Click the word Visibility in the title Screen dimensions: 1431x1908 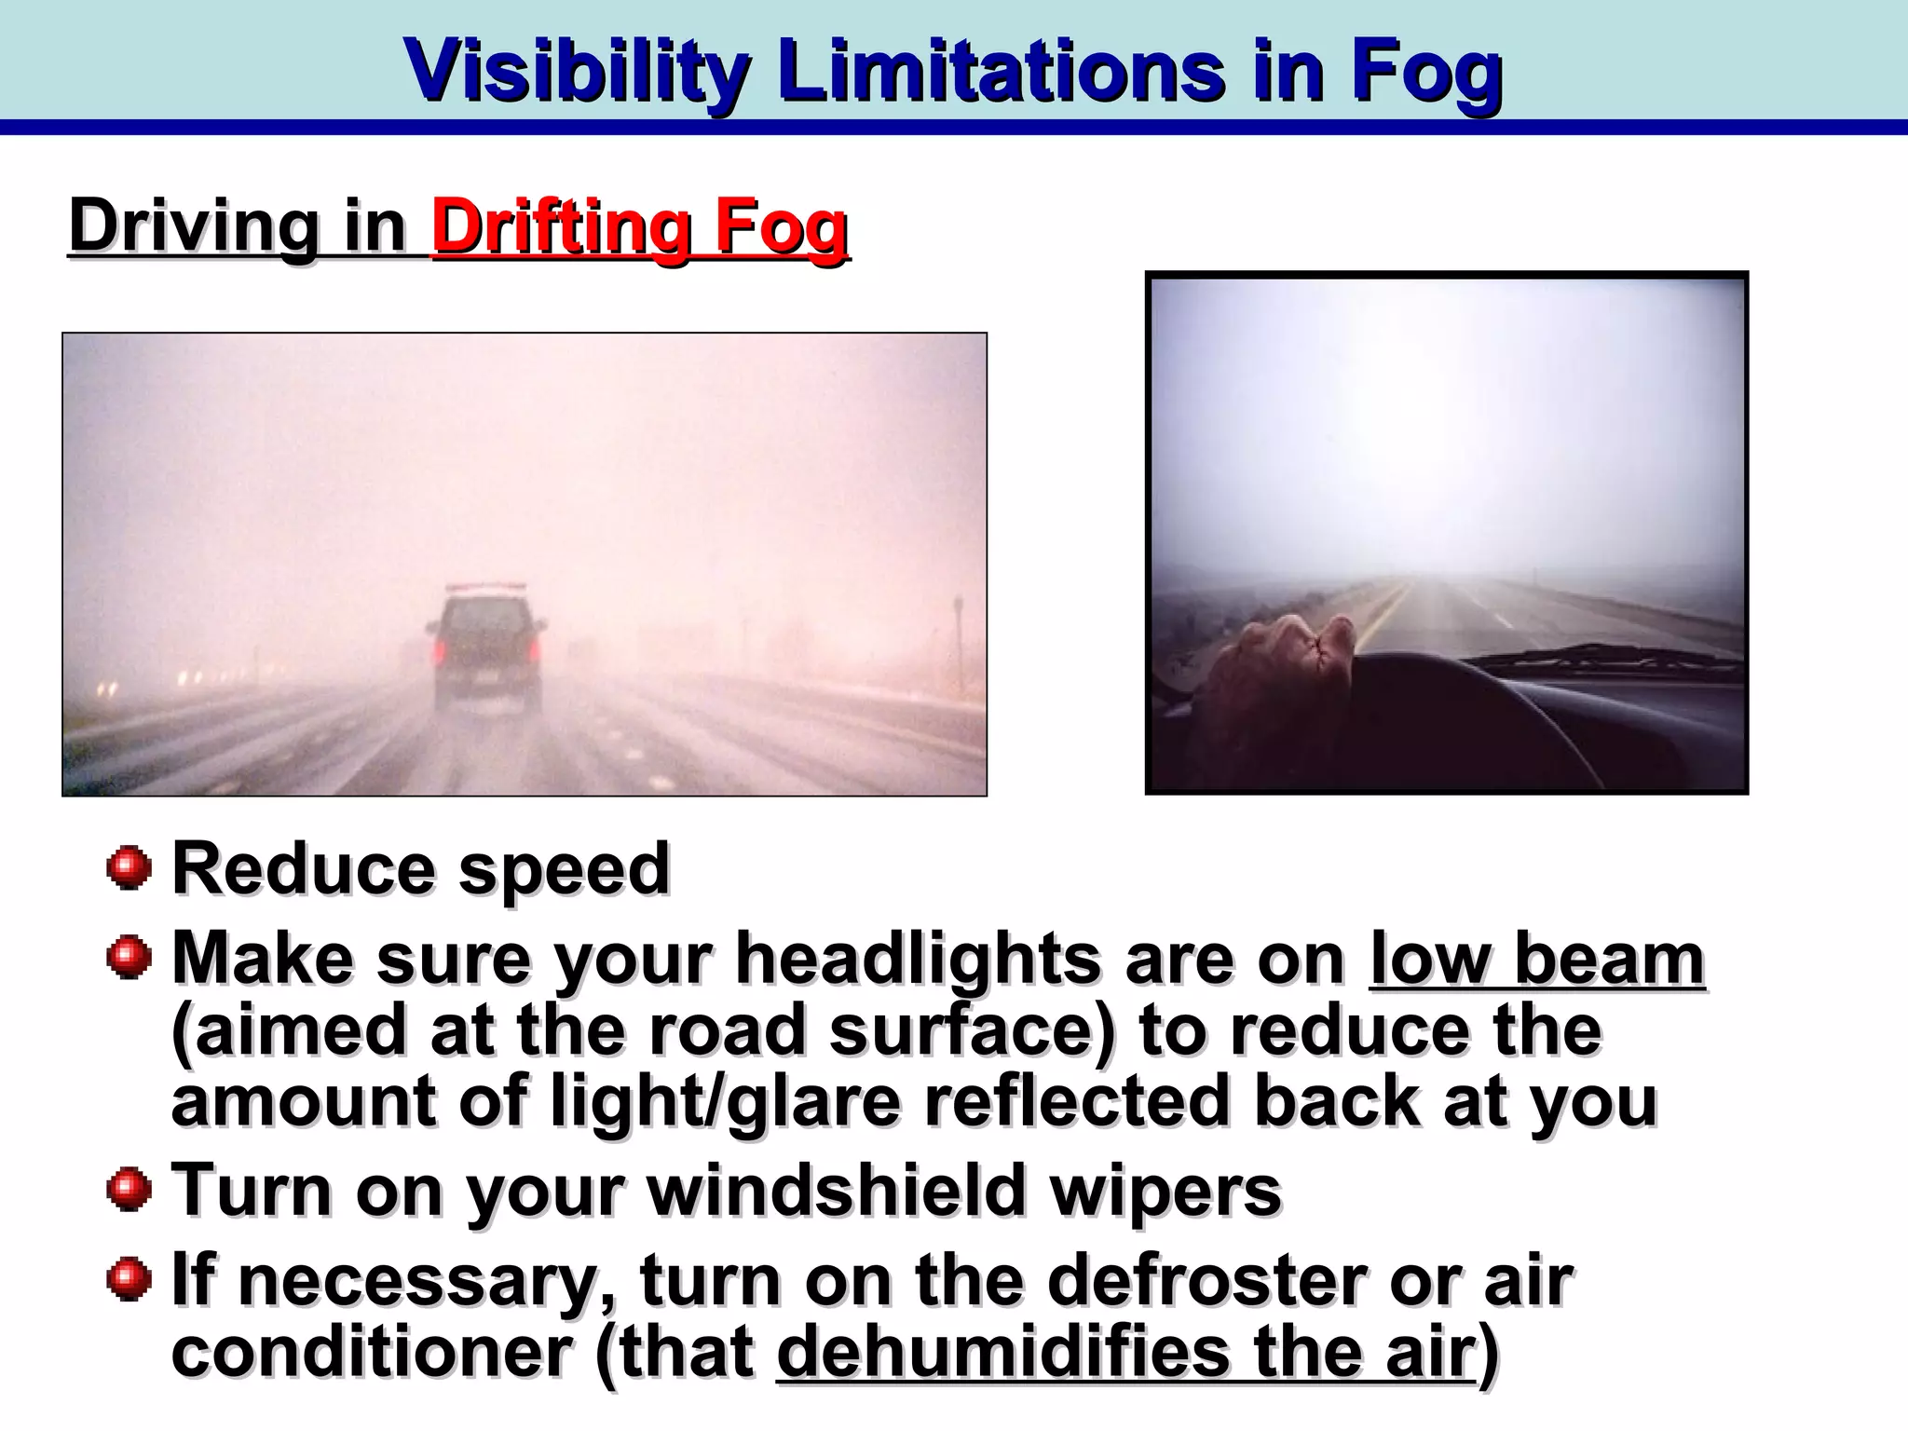coord(577,71)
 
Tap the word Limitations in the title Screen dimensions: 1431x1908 coord(1002,71)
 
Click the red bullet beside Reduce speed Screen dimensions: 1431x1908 coord(129,868)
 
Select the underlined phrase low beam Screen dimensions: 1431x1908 coord(1537,960)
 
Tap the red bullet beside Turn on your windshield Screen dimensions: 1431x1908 coord(129,1190)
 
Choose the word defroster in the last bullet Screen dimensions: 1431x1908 coord(1208,1281)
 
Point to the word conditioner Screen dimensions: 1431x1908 coord(372,1353)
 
